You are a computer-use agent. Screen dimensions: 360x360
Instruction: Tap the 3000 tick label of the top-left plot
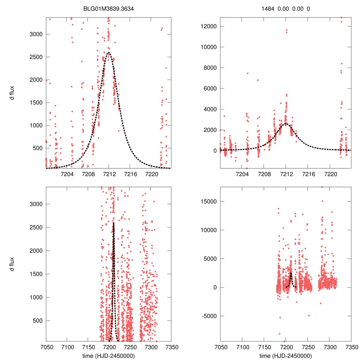click(36, 34)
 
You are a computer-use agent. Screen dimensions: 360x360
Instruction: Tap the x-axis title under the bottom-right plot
click(285, 355)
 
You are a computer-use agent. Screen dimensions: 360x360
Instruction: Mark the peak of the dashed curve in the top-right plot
click(286, 123)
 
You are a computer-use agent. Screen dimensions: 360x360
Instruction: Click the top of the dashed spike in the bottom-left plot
click(114, 223)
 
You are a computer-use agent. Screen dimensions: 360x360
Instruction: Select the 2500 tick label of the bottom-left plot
click(36, 227)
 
